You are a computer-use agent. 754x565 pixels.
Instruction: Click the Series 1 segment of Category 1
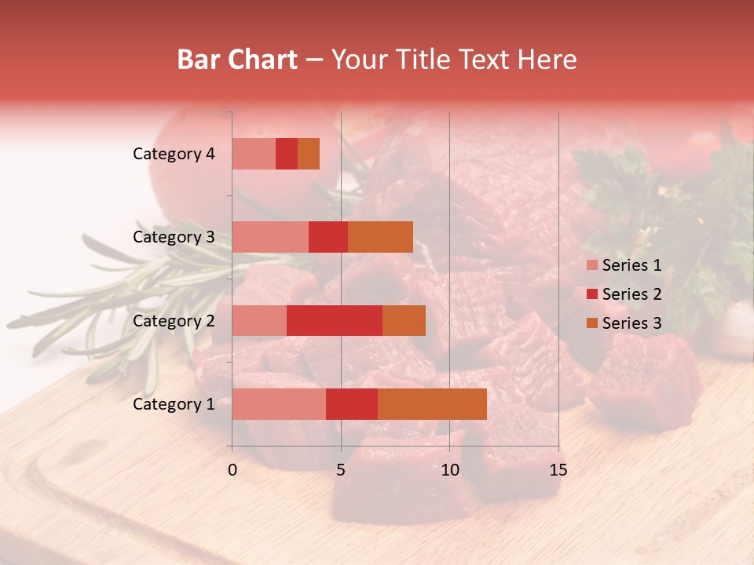click(x=279, y=403)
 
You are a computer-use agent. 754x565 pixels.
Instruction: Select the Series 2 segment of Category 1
click(x=352, y=403)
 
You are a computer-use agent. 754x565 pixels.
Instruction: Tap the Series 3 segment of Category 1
click(x=432, y=403)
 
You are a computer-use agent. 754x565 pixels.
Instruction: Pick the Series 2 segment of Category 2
click(x=335, y=320)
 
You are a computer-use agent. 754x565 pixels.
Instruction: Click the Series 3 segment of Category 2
click(x=404, y=320)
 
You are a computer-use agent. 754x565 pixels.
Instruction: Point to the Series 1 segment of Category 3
click(x=270, y=237)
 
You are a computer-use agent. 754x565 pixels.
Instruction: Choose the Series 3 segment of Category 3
click(x=380, y=237)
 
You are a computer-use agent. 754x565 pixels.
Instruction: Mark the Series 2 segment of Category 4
click(x=287, y=154)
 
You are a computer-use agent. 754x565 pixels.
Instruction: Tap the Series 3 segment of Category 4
click(x=309, y=154)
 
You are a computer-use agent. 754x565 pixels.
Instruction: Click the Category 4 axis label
click(x=174, y=154)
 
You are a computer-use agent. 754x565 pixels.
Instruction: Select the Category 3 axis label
click(x=174, y=237)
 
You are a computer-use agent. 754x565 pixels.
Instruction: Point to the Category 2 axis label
click(x=174, y=320)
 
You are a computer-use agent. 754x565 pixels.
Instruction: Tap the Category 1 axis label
click(x=174, y=404)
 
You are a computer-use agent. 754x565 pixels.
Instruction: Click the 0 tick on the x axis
click(x=232, y=470)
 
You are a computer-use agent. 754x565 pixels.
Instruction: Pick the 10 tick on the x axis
click(x=449, y=470)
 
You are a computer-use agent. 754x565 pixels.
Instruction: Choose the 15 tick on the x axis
click(x=558, y=470)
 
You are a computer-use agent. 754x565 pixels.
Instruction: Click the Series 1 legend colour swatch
click(x=591, y=265)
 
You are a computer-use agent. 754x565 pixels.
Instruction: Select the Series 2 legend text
click(x=631, y=294)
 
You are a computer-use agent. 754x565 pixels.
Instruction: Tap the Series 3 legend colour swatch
click(x=591, y=323)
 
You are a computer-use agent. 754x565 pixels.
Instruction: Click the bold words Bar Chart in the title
click(x=237, y=60)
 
